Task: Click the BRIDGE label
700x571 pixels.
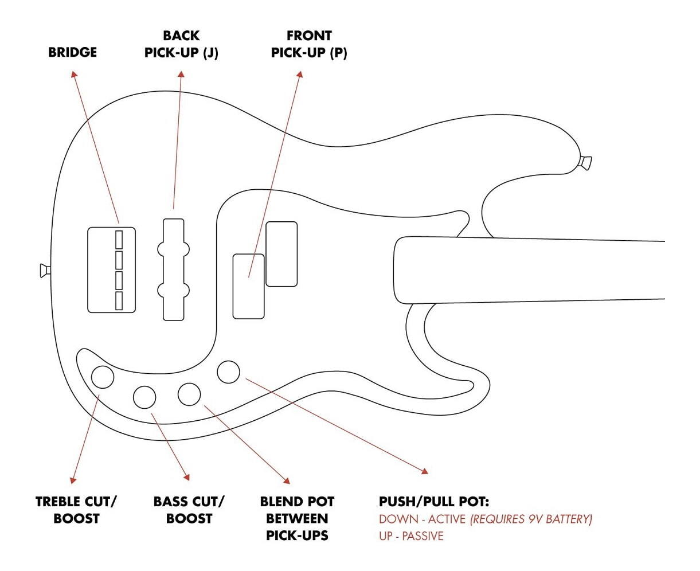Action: [72, 52]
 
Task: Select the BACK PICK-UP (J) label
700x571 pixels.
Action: [181, 44]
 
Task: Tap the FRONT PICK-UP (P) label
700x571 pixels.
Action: [309, 44]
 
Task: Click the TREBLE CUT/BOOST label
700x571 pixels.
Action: [76, 510]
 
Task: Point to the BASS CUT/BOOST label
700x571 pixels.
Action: [189, 510]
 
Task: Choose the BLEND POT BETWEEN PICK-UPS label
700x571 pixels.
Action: [297, 518]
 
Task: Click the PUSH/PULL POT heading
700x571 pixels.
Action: [434, 502]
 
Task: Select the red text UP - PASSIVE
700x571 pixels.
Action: [411, 536]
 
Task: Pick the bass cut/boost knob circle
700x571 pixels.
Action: [144, 396]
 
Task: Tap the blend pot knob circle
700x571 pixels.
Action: [189, 394]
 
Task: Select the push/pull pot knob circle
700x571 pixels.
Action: [229, 371]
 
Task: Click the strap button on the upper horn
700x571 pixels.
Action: [585, 162]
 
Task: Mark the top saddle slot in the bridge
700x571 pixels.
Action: [119, 238]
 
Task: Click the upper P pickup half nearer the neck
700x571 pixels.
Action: [281, 253]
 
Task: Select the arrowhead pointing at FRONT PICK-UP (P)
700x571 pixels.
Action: [299, 75]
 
